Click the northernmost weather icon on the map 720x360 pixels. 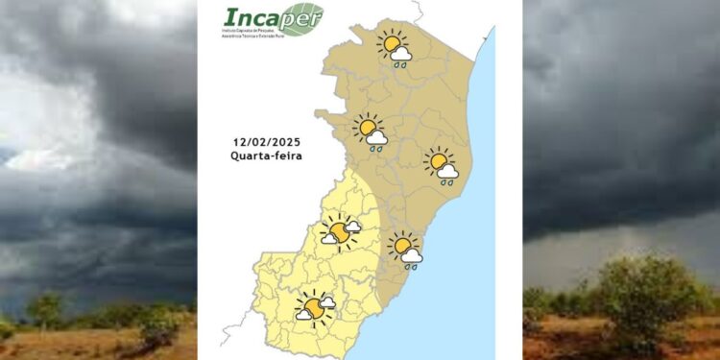pyautogui.click(x=395, y=47)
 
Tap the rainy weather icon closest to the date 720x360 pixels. pyautogui.click(x=370, y=132)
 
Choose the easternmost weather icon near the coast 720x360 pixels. pyautogui.click(x=442, y=164)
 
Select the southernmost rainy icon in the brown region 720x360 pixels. pyautogui.click(x=405, y=250)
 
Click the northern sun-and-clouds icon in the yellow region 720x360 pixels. pyautogui.click(x=340, y=231)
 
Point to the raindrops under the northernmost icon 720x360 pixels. pyautogui.click(x=400, y=66)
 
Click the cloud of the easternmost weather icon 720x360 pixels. pyautogui.click(x=447, y=171)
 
